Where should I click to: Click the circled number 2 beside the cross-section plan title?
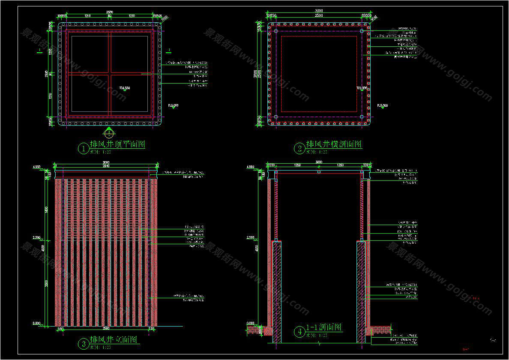[x=299, y=148]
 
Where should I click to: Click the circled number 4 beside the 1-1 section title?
[x=299, y=331]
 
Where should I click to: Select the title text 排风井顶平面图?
[x=117, y=144]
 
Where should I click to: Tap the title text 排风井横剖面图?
[x=334, y=144]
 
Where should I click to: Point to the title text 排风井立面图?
[x=113, y=340]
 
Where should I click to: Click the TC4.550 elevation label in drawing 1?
[x=125, y=88]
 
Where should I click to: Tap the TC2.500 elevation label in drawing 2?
[x=362, y=88]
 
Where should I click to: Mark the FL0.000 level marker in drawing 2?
[x=382, y=105]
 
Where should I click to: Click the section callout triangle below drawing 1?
[x=109, y=129]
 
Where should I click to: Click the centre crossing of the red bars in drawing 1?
[x=109, y=74]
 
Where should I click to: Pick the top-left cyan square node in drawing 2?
[x=276, y=31]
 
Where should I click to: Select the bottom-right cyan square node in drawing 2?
[x=362, y=116]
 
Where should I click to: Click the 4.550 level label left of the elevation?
[x=36, y=167]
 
